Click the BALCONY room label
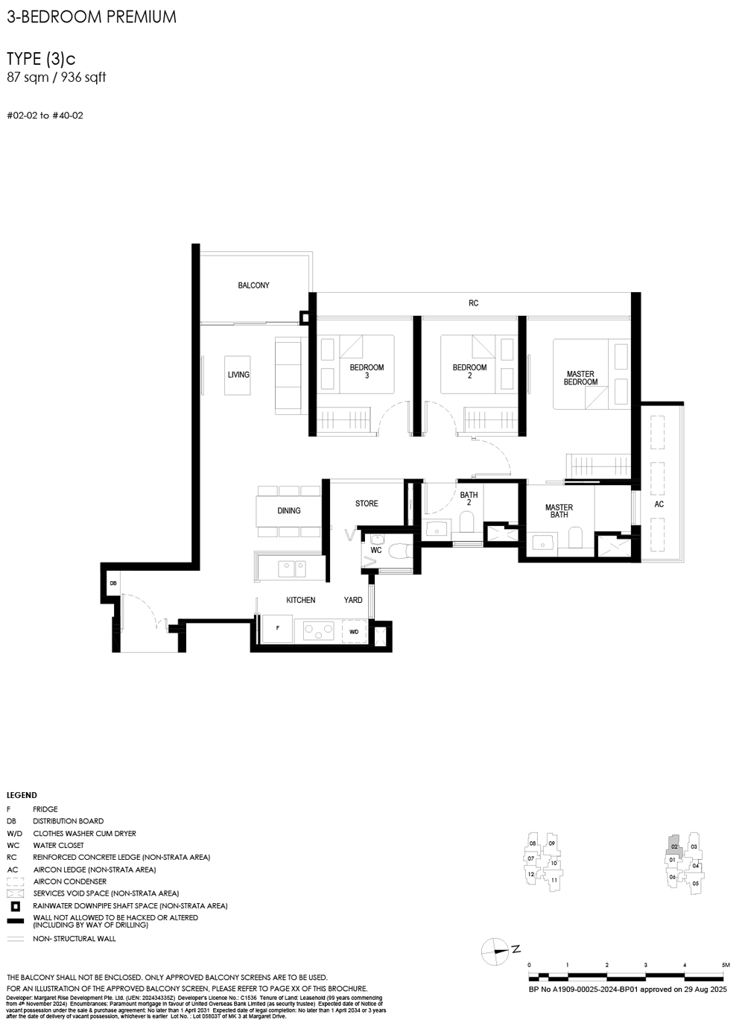[x=253, y=285]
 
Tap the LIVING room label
[x=238, y=375]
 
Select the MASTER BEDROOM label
[x=580, y=378]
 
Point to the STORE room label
[x=367, y=504]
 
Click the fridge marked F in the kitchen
[x=278, y=629]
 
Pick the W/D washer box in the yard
[x=354, y=632]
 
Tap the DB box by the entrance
[x=113, y=583]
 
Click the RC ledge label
[x=474, y=303]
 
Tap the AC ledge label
[x=659, y=504]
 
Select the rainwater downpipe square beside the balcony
[x=305, y=317]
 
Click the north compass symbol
[x=495, y=951]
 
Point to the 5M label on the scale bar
[x=724, y=965]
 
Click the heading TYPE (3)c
[x=41, y=59]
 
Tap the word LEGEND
[x=22, y=795]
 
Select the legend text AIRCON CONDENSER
[x=69, y=881]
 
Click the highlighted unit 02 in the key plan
[x=673, y=846]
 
